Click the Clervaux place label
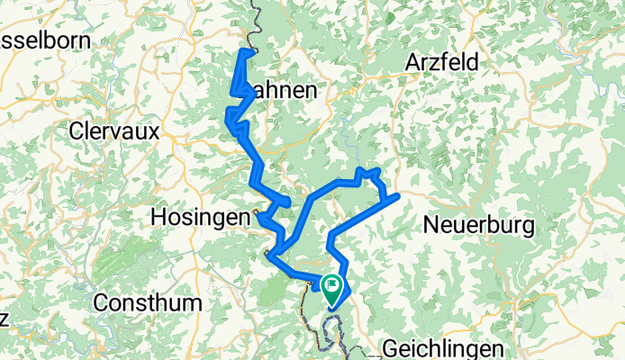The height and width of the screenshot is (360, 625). point(114,131)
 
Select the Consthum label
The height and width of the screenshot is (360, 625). point(147,302)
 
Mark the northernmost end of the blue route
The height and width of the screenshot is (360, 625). point(245,52)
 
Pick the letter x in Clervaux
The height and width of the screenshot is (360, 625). point(154,131)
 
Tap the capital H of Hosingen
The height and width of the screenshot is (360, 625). point(159,217)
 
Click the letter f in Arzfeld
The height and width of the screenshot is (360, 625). point(449,63)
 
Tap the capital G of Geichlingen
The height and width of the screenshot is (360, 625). point(389,347)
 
